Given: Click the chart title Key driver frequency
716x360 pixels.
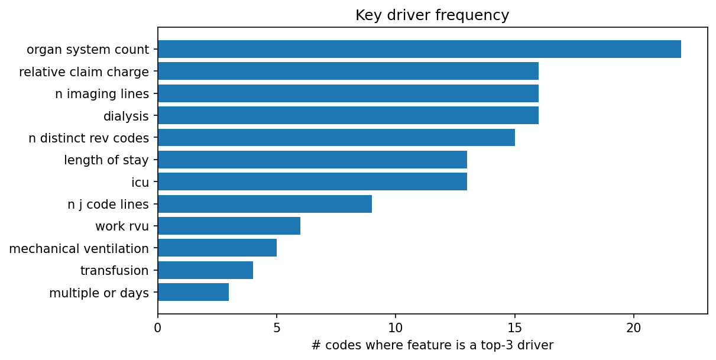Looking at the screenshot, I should pos(432,15).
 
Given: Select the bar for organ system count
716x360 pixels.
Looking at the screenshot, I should pos(419,49).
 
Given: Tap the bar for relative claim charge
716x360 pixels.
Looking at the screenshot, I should pos(348,72).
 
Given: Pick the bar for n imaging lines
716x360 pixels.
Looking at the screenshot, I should pos(348,93).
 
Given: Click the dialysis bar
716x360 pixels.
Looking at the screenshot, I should pos(348,116).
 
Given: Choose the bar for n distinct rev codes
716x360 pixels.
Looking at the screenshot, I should pos(336,138).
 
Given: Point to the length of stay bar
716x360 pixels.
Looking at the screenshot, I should pos(312,160).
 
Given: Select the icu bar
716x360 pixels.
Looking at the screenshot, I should pos(312,181).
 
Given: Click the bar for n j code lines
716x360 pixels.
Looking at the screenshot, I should pos(264,204).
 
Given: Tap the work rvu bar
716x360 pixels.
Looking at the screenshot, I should pos(229,226).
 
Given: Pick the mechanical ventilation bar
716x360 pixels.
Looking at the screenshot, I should pos(217,248).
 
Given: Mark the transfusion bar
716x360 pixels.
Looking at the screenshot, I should pos(205,270).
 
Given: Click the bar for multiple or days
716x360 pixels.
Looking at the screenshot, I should pos(193,292).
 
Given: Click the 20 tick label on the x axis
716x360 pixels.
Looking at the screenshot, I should pos(634,326).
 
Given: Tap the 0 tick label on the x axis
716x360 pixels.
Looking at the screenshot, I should pos(158,326).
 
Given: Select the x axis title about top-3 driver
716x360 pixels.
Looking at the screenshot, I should pos(432,345).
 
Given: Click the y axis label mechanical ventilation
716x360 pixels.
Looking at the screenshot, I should pos(79,248).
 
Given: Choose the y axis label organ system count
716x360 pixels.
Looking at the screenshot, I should pos(88,50).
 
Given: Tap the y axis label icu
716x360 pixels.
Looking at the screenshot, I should pos(140,182).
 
